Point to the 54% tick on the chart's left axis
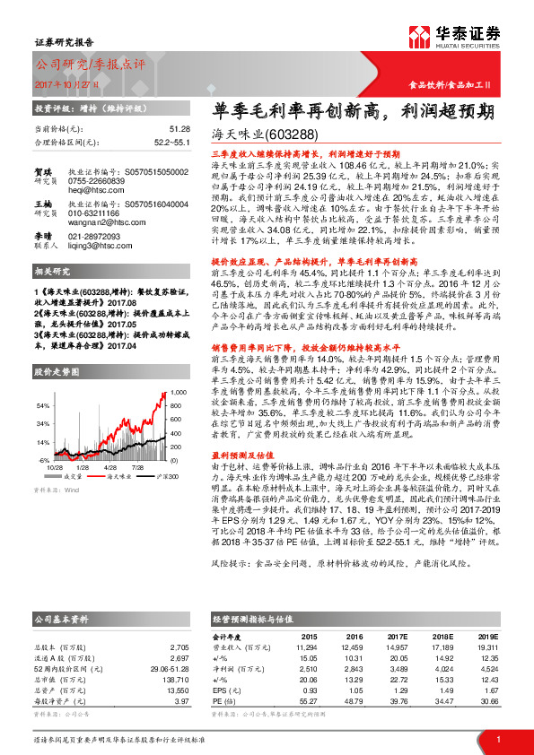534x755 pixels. [43, 404]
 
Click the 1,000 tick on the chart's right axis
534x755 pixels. [179, 393]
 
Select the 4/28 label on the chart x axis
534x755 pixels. [111, 466]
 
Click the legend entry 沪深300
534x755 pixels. [166, 477]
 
